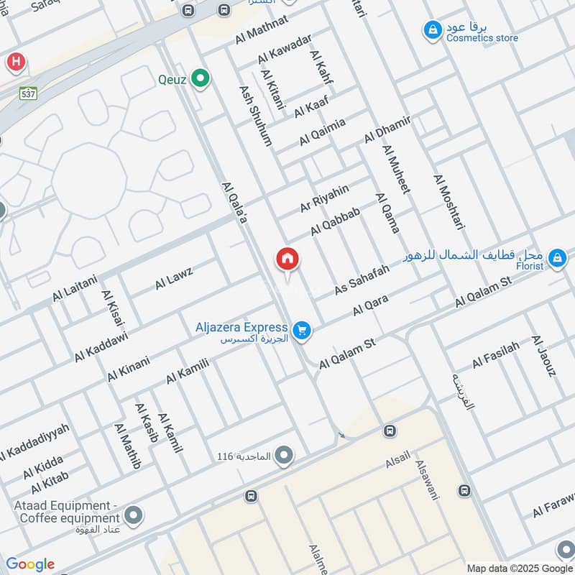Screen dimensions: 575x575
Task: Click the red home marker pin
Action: [x=287, y=259]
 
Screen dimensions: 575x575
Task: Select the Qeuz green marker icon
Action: [x=201, y=79]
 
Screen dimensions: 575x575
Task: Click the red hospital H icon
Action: [x=14, y=63]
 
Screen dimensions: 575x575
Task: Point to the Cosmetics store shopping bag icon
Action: [x=432, y=29]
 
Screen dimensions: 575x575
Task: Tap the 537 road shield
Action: [x=29, y=93]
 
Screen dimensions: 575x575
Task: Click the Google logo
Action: [x=29, y=564]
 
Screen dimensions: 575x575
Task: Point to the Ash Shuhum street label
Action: [x=255, y=116]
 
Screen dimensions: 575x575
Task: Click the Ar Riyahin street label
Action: [x=324, y=198]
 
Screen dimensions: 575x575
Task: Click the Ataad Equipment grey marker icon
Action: [x=133, y=515]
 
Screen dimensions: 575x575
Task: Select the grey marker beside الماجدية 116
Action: [x=285, y=455]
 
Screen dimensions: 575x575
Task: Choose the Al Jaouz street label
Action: [x=544, y=356]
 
